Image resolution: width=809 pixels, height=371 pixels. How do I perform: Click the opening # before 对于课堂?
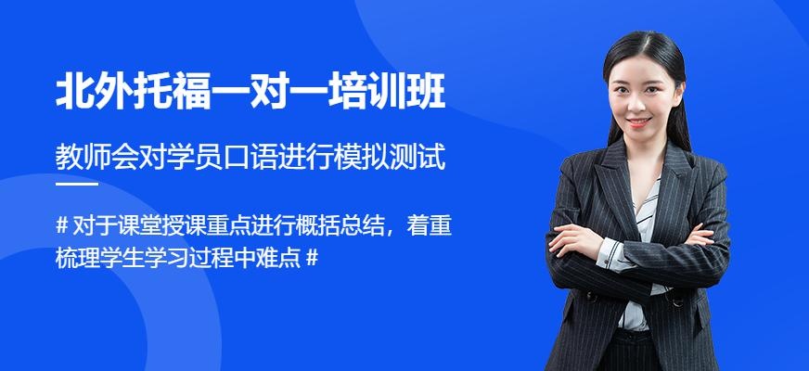point(62,225)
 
